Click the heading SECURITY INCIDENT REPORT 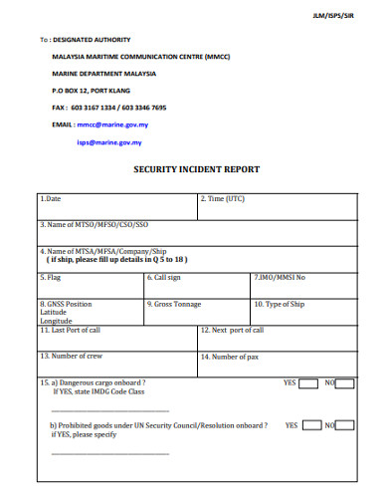(x=196, y=169)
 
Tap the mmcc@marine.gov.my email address (x=112, y=126)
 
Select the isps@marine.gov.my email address (x=109, y=142)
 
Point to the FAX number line (x=108, y=108)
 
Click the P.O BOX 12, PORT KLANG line (x=94, y=91)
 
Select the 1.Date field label (x=51, y=199)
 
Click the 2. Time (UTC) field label (x=223, y=199)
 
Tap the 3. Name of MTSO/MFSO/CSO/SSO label (x=94, y=225)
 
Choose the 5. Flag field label (x=51, y=277)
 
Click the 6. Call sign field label (x=165, y=277)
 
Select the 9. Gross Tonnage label (x=174, y=304)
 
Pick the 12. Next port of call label (x=232, y=330)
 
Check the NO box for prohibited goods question (x=344, y=425)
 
